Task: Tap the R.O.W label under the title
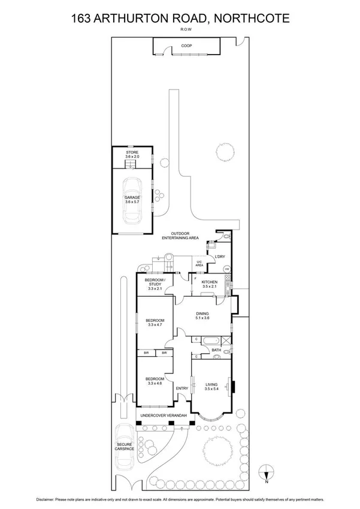(180, 29)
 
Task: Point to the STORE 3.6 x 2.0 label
(132, 155)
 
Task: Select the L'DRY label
(220, 257)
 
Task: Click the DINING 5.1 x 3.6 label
(202, 315)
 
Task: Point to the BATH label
(216, 350)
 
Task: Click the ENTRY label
(182, 388)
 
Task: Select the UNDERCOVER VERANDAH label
(164, 415)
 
